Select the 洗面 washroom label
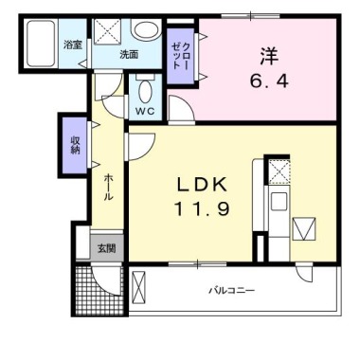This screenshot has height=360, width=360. point(129,54)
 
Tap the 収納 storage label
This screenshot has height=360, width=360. point(74,144)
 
